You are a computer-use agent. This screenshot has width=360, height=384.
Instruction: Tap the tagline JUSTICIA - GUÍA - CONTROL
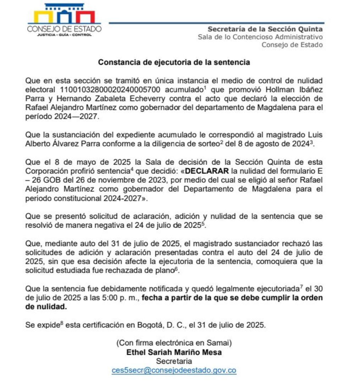64,35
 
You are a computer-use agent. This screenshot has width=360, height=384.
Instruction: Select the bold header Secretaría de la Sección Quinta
265,29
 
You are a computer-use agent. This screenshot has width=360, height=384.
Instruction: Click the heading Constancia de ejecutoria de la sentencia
174,62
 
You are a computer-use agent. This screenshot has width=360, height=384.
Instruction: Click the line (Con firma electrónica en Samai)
174,343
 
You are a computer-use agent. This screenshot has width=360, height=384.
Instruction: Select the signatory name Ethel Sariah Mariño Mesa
174,352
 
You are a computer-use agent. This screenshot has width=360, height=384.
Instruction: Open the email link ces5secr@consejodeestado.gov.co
174,371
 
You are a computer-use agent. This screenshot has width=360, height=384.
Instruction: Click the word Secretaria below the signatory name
174,361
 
